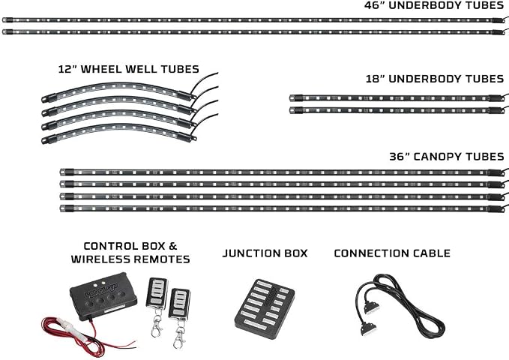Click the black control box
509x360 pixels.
(x=103, y=296)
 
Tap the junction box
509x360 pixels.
(x=264, y=308)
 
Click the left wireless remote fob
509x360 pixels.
(x=157, y=293)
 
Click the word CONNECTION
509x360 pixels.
(x=365, y=253)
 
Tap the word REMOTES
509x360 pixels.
(x=162, y=259)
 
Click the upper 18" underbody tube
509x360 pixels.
(x=397, y=97)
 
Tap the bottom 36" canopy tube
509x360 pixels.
(x=283, y=208)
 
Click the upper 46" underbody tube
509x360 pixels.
(x=254, y=20)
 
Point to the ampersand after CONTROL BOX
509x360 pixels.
(x=173, y=246)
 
